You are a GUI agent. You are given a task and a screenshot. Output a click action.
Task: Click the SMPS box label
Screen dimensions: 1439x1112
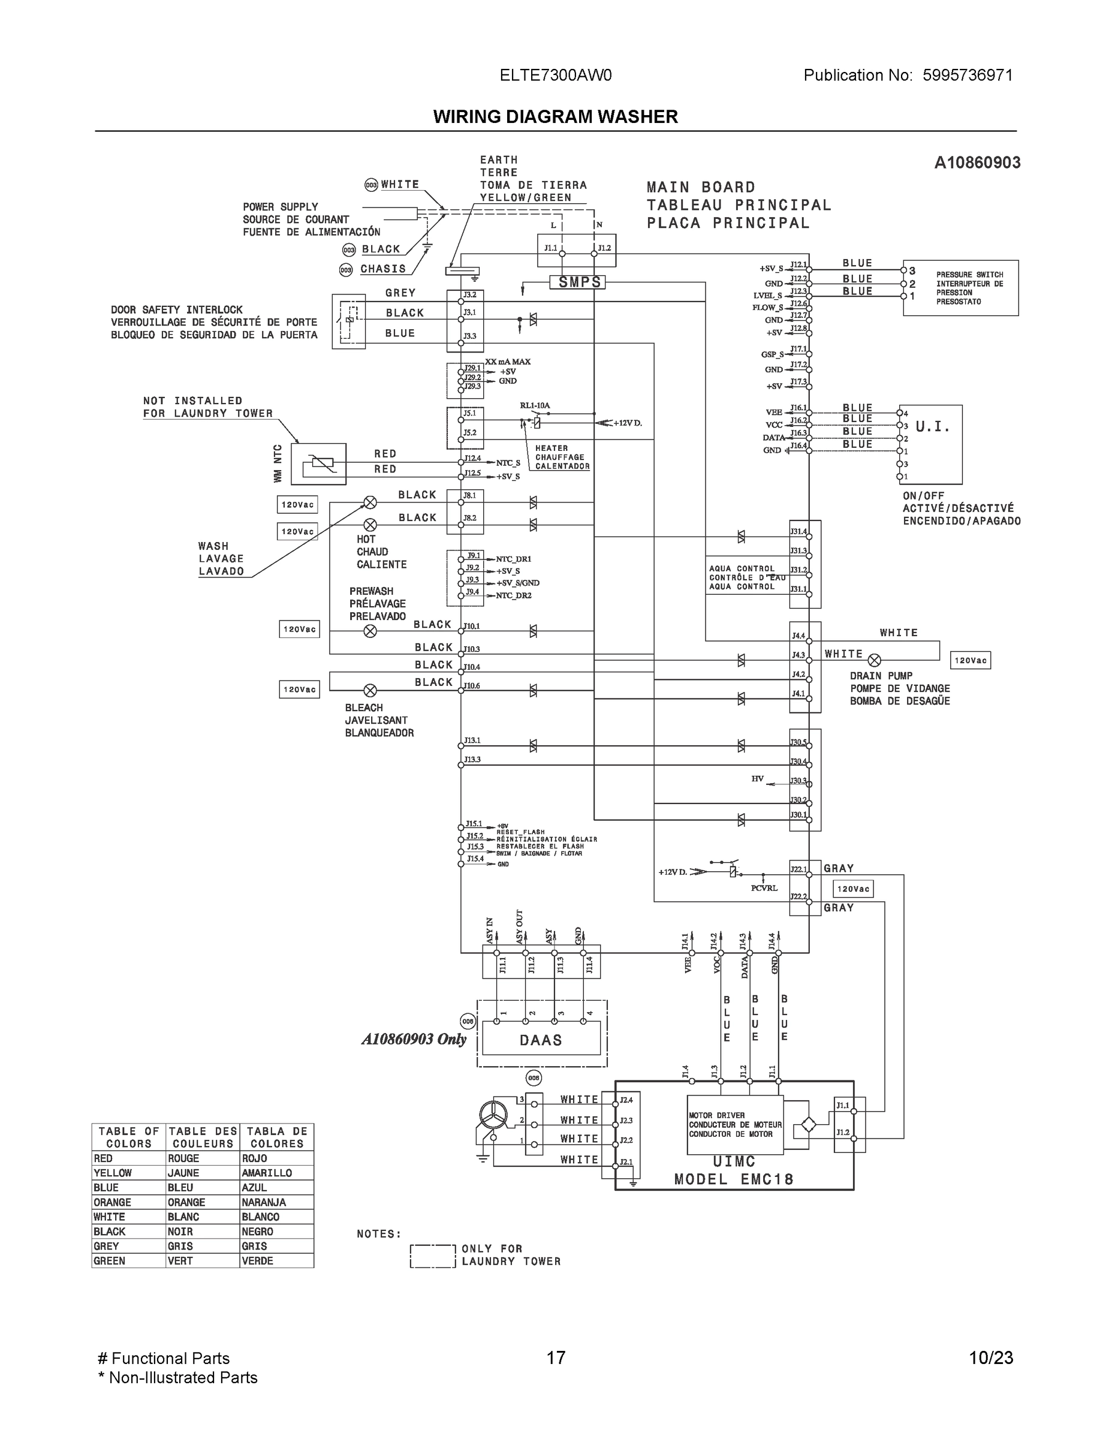(579, 282)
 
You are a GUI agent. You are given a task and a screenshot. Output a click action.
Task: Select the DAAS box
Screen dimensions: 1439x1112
(541, 1040)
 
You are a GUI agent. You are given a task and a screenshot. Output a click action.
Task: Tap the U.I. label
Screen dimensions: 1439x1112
(932, 427)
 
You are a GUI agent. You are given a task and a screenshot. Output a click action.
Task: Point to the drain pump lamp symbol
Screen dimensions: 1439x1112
(874, 660)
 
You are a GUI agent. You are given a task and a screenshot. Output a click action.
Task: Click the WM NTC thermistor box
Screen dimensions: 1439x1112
(318, 464)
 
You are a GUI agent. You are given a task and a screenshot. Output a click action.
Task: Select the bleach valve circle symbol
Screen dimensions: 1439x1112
(370, 691)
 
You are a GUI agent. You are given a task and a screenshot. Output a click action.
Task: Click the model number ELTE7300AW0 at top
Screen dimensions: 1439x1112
(555, 76)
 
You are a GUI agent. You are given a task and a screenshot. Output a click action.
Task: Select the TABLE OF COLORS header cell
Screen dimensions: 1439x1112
(128, 1137)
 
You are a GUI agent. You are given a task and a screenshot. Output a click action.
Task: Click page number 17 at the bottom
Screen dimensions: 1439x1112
(555, 1358)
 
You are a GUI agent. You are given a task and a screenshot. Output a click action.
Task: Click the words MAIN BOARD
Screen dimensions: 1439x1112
(700, 188)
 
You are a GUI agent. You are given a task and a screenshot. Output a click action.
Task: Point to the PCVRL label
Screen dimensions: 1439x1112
(764, 888)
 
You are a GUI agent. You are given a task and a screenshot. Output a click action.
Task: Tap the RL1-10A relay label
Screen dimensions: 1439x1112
(534, 406)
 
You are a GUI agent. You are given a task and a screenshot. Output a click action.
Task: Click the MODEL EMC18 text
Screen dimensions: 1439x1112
(733, 1179)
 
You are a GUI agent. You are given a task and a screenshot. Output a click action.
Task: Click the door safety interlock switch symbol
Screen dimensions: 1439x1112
(348, 321)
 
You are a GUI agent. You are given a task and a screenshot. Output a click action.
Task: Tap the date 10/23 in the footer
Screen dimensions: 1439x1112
(990, 1358)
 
